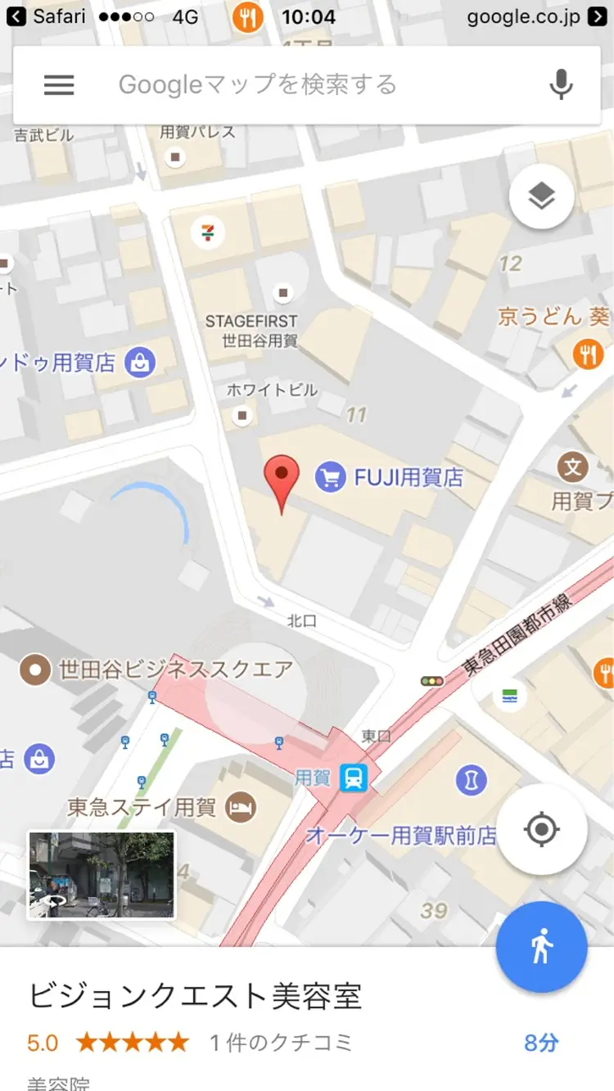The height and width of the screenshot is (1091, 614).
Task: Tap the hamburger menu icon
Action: tap(59, 84)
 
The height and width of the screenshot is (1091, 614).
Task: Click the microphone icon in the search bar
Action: tap(561, 84)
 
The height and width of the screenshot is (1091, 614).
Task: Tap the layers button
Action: tap(541, 196)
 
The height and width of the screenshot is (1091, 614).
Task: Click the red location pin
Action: tap(282, 477)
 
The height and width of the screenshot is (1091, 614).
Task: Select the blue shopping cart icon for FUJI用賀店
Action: tap(330, 477)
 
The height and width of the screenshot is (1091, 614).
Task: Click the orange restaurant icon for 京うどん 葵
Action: tap(589, 354)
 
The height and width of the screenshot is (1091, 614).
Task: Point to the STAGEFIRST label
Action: tap(251, 322)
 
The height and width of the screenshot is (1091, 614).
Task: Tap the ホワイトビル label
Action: tap(272, 390)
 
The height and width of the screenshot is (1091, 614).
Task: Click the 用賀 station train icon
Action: tap(354, 778)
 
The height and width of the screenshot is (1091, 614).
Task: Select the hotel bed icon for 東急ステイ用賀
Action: tap(241, 808)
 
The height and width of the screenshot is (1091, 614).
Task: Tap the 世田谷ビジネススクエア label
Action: tap(175, 670)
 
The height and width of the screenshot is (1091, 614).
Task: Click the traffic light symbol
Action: tap(431, 681)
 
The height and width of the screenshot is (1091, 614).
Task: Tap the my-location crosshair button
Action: tap(541, 830)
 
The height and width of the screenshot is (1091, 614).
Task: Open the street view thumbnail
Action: tap(102, 875)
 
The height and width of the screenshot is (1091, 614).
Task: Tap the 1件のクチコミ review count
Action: tap(281, 1043)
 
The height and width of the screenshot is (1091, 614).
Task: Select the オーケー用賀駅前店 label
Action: tap(401, 836)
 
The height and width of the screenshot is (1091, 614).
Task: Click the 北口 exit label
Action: tap(302, 622)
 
